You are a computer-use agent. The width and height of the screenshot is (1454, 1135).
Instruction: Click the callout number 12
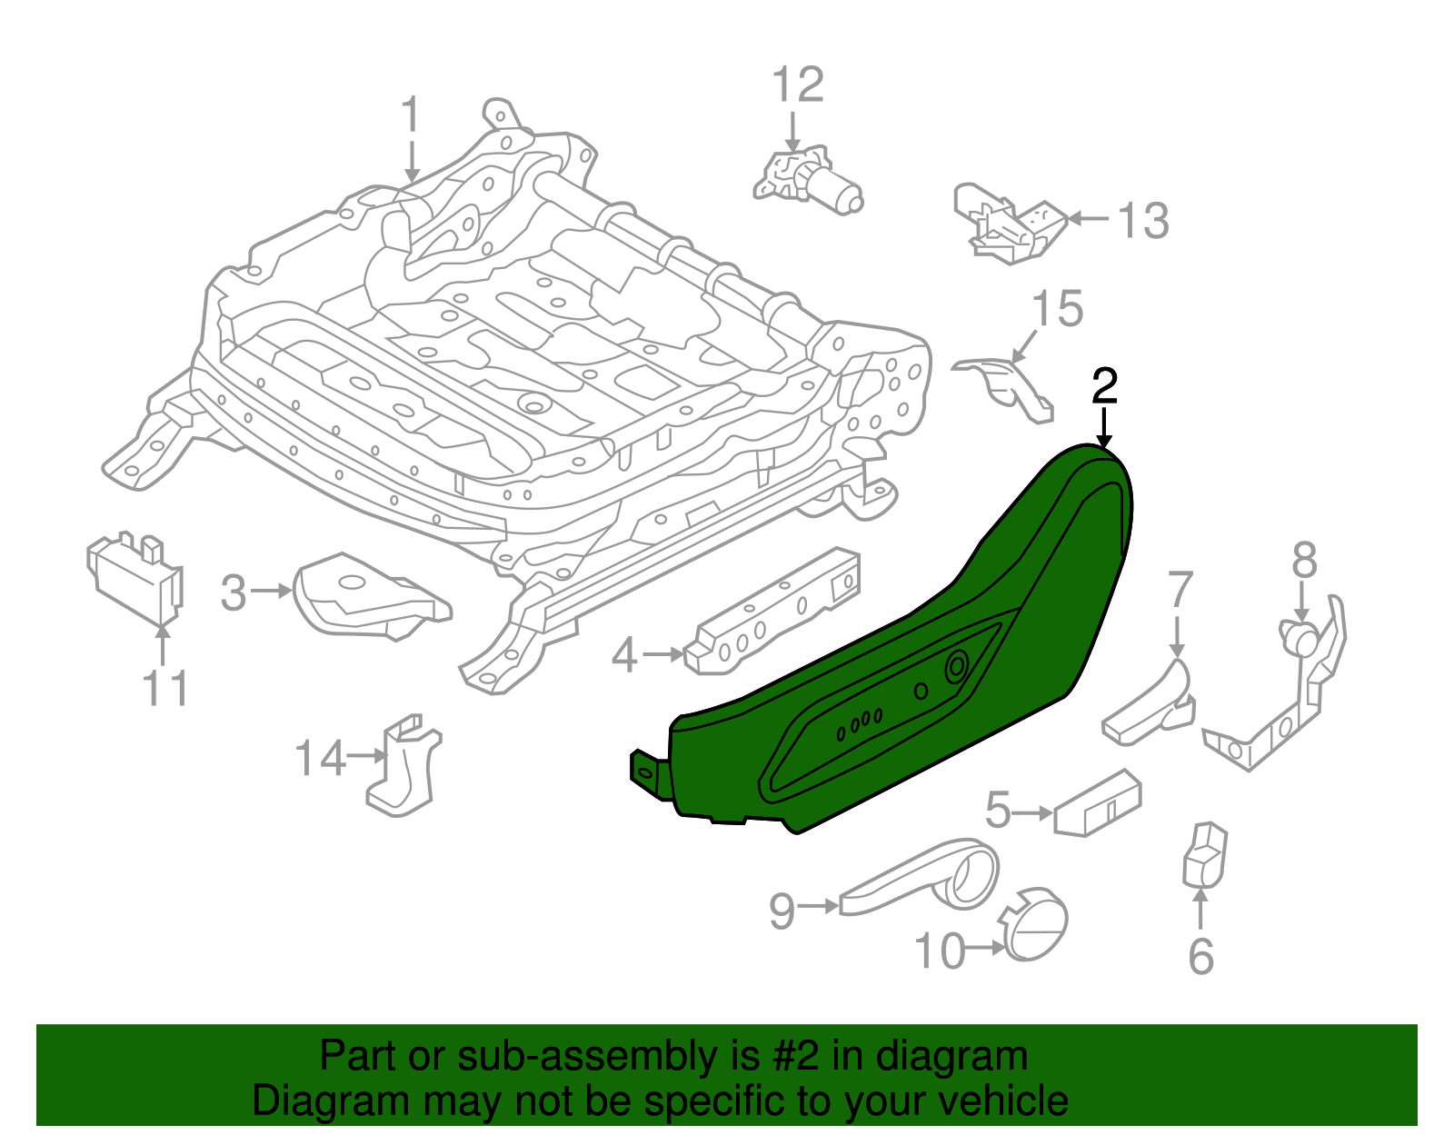(x=798, y=85)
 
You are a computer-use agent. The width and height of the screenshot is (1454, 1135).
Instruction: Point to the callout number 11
(x=165, y=688)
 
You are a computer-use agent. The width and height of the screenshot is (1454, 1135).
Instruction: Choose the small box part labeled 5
(x=1098, y=803)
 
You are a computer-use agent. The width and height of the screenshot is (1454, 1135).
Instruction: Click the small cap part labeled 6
(x=1205, y=855)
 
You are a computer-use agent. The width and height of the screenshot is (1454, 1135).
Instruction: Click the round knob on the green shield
(x=957, y=668)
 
